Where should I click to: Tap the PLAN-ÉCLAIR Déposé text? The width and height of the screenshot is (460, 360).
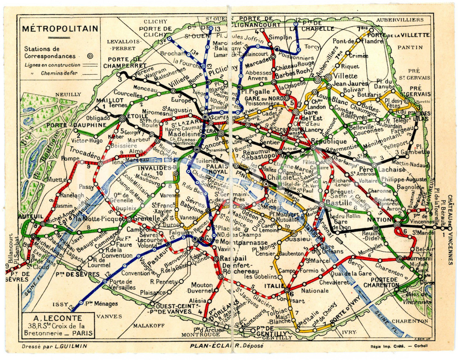[x=221, y=345]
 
